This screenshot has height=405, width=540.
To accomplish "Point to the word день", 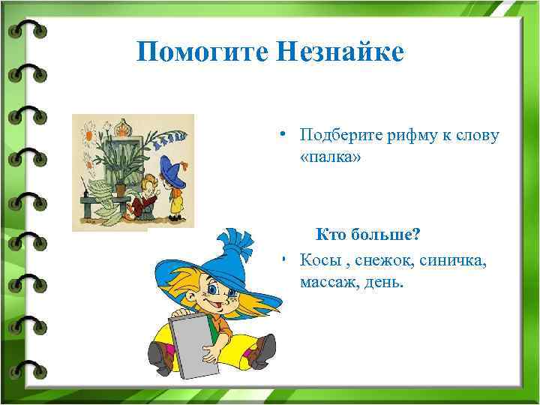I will point(385,283).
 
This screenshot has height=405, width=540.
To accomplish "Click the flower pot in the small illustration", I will point(121,188).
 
